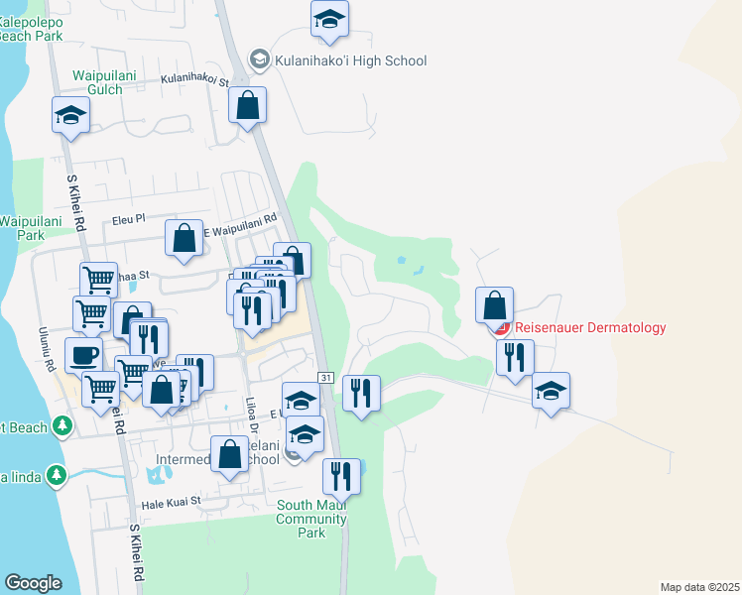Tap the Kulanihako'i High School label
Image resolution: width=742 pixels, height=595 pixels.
coord(351,61)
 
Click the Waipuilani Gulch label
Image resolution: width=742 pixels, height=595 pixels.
coord(97,82)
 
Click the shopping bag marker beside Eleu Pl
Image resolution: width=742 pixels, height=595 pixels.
coord(184,238)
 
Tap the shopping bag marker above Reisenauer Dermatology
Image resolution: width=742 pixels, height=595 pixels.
coord(494,304)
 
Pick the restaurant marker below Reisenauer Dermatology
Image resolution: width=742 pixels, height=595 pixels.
coord(515,357)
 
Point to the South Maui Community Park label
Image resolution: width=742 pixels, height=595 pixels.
coord(311,519)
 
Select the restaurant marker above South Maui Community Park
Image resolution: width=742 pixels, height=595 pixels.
coord(340,476)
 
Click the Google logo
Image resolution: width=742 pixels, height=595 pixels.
coord(33,582)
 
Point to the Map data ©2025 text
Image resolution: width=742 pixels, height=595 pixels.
coord(699,587)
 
